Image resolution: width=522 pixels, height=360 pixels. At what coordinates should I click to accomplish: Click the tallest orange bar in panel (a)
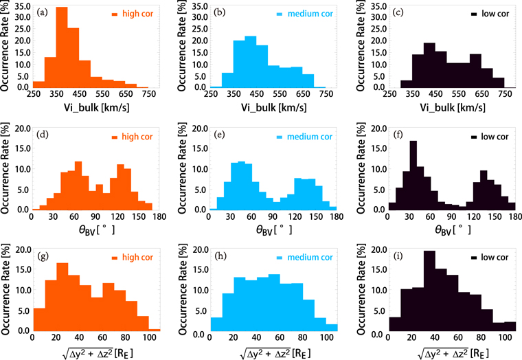click(x=61, y=48)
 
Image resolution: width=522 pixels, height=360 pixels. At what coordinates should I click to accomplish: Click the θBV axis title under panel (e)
click(x=269, y=230)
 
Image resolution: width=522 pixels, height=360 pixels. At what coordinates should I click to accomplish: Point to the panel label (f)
click(x=399, y=134)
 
